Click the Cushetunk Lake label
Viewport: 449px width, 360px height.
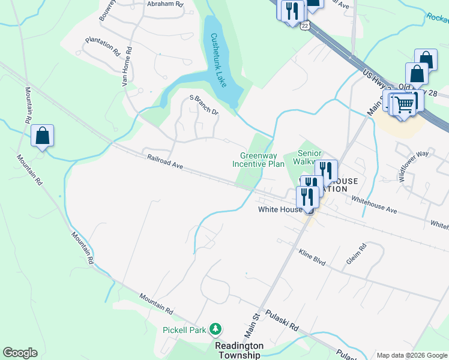(x=220, y=59)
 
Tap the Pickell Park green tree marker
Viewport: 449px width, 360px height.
(x=215, y=329)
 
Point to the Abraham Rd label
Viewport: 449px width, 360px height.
(x=165, y=4)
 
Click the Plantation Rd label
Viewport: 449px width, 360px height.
(x=103, y=46)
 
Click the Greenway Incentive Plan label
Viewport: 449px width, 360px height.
(x=258, y=160)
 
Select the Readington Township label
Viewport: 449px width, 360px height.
(x=240, y=350)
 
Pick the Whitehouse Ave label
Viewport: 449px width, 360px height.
(x=375, y=205)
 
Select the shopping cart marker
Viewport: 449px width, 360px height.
(x=405, y=104)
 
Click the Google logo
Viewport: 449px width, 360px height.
(x=20, y=353)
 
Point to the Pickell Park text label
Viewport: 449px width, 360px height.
(x=184, y=329)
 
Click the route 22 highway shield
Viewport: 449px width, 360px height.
(x=306, y=26)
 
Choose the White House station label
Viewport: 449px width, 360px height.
(x=279, y=209)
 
